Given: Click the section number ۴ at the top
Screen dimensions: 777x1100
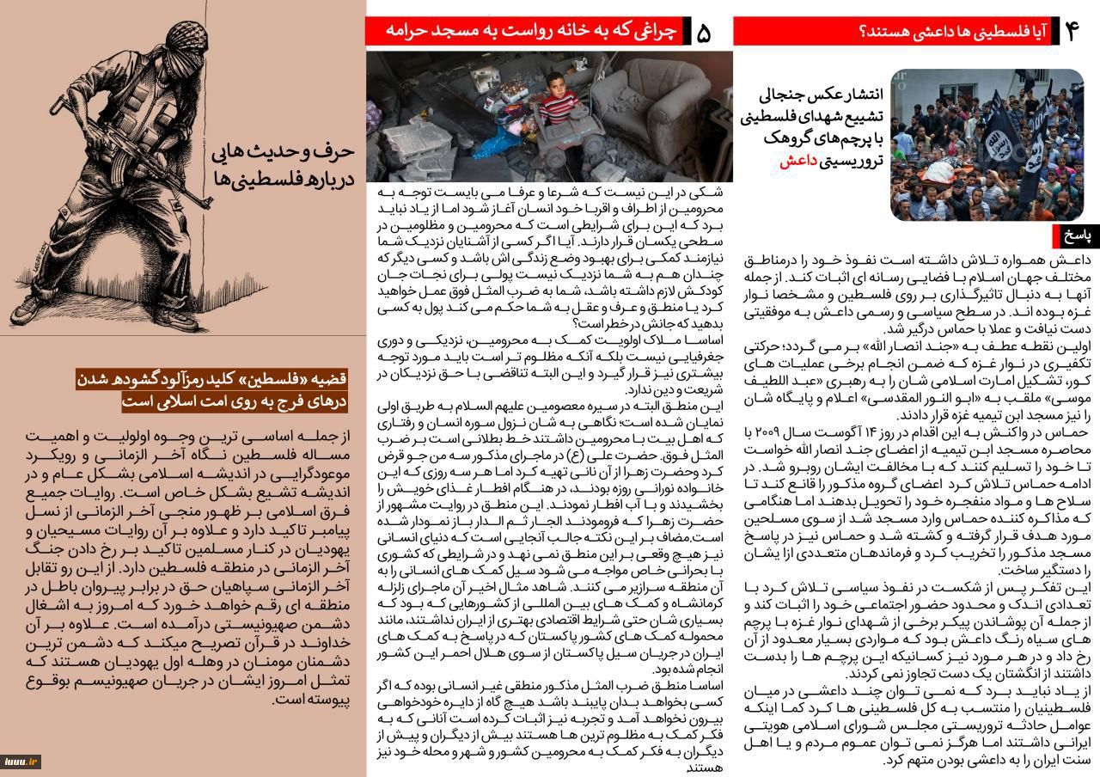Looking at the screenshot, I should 1071,31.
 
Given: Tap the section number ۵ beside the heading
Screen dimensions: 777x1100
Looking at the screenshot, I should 704,32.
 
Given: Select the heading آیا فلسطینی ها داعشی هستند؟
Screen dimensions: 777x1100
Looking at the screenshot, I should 950,32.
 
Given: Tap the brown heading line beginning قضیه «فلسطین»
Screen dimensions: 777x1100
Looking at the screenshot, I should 211,379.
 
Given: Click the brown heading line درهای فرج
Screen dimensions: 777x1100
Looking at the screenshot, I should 235,401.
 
